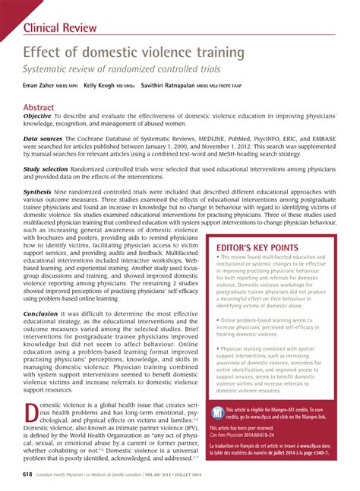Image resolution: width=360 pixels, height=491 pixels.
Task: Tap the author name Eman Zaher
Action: tap(37, 87)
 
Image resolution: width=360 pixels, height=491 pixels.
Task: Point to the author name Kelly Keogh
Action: tap(99, 87)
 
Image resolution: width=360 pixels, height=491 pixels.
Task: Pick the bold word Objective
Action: tap(38, 118)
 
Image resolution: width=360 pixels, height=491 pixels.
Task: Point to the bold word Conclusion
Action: tap(40, 313)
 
